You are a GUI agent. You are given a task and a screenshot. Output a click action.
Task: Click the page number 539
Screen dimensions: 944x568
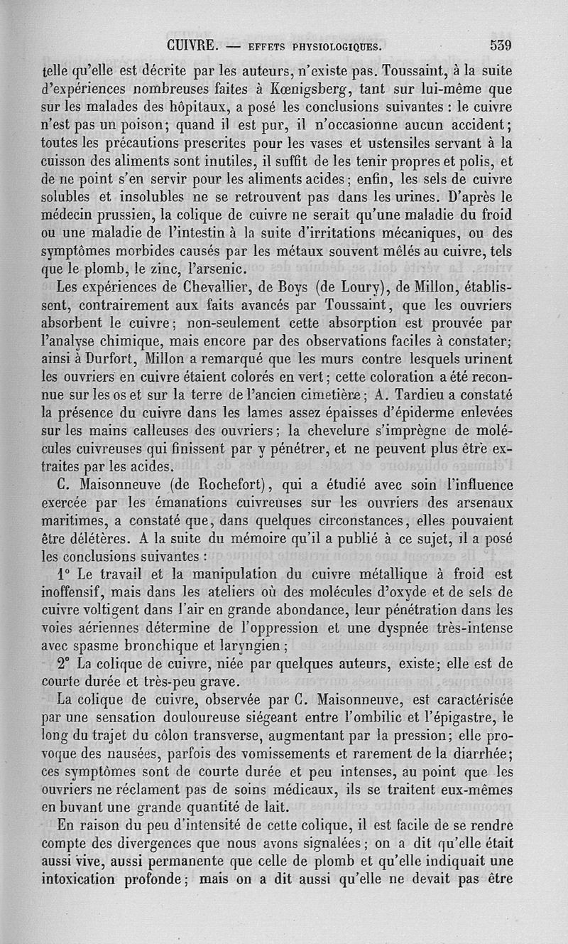click(x=501, y=45)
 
